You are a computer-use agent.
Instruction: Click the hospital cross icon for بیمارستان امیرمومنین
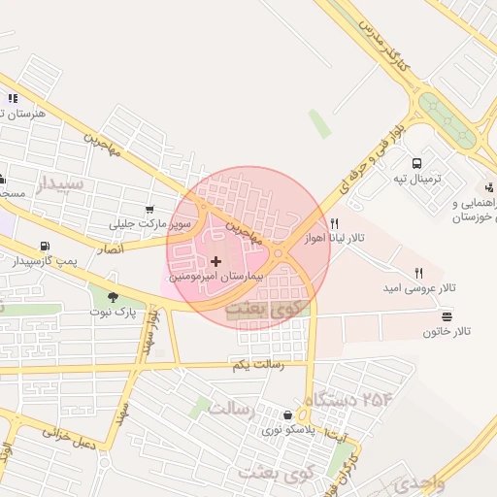tap(215, 260)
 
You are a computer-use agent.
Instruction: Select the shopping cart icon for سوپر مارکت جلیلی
tap(149, 209)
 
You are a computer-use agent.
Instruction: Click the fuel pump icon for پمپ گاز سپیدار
tap(44, 247)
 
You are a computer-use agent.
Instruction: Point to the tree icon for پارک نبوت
tap(113, 297)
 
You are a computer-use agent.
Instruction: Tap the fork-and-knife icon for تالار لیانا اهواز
tap(334, 223)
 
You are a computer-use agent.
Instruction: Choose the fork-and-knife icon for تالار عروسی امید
tap(418, 273)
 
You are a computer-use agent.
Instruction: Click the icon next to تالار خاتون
tap(447, 316)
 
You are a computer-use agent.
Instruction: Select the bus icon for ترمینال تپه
tap(416, 164)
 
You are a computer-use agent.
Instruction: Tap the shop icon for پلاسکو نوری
tap(287, 414)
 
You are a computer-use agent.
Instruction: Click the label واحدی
tap(418, 482)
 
